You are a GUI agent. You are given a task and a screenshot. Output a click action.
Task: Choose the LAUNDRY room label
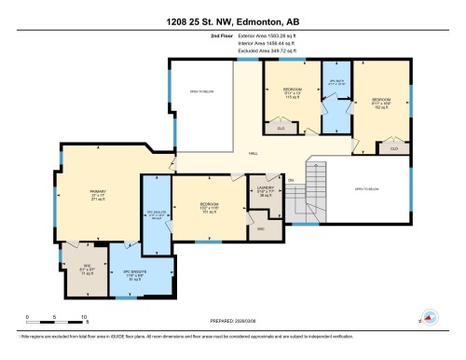[266, 192]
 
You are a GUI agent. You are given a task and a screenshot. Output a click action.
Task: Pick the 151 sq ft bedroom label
[209, 209]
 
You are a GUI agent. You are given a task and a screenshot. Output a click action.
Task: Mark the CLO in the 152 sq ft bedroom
[394, 148]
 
